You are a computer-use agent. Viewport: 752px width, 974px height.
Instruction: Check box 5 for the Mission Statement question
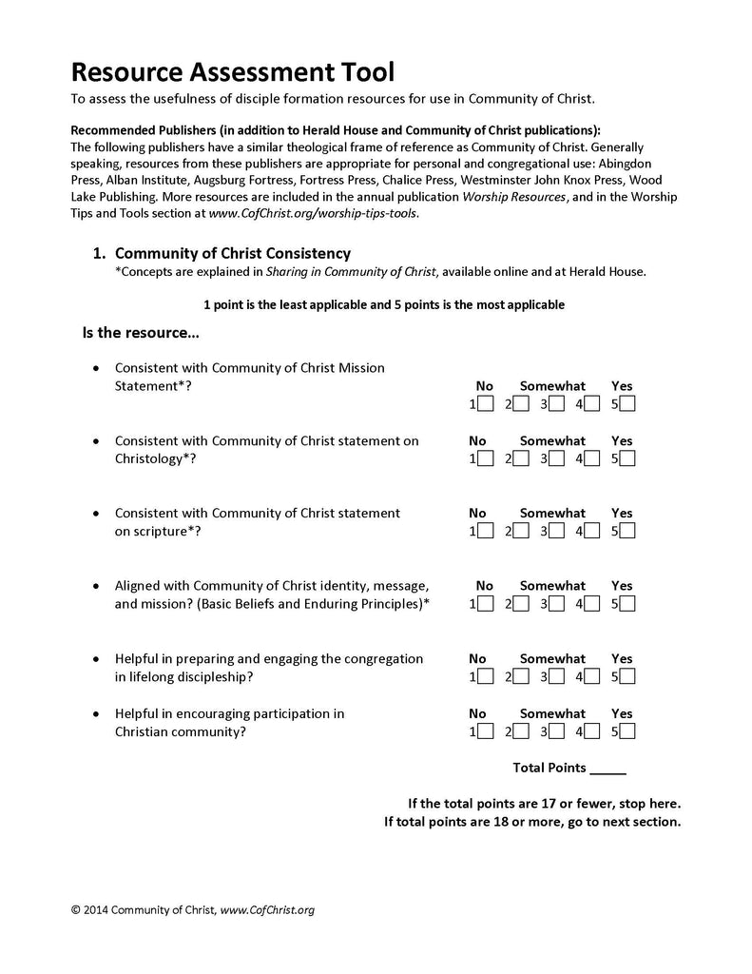click(x=627, y=404)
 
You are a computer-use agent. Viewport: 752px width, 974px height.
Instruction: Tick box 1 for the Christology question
click(x=485, y=458)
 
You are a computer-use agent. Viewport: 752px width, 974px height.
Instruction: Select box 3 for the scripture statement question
click(x=556, y=531)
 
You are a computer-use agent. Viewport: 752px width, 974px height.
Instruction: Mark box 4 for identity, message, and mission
click(x=591, y=604)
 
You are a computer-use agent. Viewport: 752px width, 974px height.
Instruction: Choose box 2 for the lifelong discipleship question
click(x=521, y=677)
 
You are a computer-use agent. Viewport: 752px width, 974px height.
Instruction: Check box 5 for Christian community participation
click(x=627, y=731)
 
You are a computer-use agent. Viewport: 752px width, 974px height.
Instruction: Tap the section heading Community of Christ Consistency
click(x=233, y=254)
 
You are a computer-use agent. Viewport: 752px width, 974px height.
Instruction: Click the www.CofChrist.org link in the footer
click(x=267, y=910)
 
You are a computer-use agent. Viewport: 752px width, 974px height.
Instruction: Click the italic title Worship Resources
click(x=514, y=196)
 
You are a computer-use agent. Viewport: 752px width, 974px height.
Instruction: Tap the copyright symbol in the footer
click(x=76, y=910)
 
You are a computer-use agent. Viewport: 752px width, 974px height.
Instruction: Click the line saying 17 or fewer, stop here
click(x=544, y=804)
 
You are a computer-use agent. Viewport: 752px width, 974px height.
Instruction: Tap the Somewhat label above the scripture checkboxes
click(x=552, y=513)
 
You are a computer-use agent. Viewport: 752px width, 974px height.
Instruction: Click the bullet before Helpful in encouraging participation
click(x=96, y=713)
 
